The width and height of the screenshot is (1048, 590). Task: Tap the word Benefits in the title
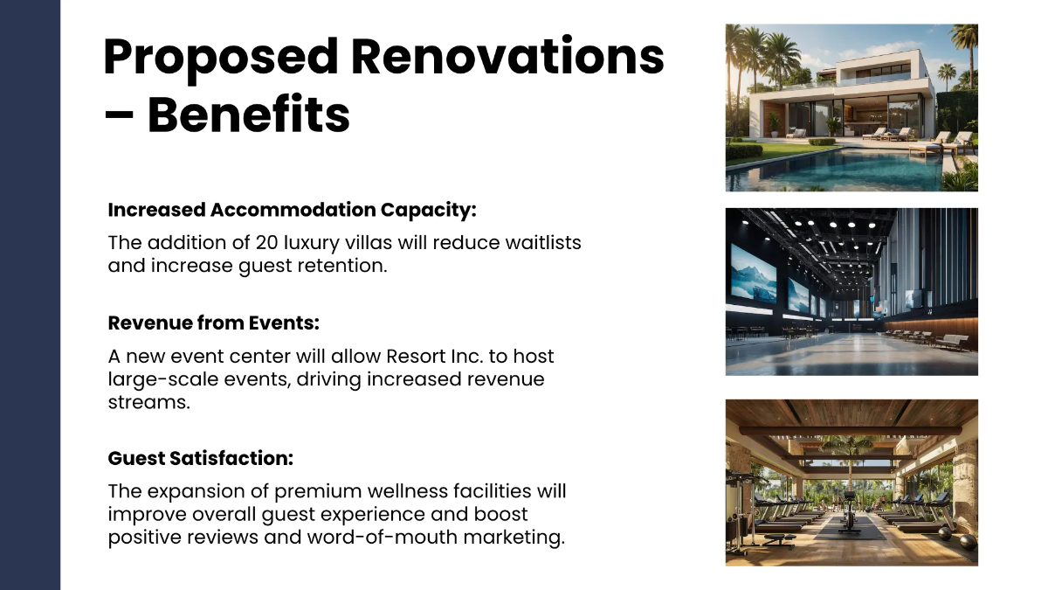click(248, 114)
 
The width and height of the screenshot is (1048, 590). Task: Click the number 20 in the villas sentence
click(267, 242)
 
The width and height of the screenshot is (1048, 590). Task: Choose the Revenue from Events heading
click(213, 323)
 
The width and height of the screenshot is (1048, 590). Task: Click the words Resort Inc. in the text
click(435, 357)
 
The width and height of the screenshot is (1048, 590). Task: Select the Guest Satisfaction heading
click(200, 458)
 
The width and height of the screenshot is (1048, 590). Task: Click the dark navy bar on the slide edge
click(30, 295)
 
